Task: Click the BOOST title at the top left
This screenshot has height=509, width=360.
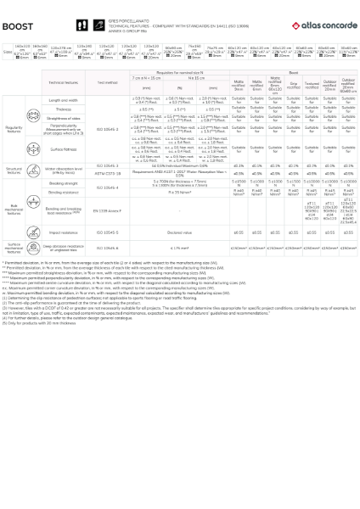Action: tap(17, 26)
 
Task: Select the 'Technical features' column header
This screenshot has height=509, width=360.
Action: tap(63, 83)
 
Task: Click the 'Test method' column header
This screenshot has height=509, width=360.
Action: tap(108, 83)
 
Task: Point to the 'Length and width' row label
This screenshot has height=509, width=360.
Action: tap(63, 100)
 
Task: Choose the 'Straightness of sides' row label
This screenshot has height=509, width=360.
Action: tap(63, 118)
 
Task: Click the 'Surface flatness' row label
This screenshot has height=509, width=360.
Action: tap(63, 149)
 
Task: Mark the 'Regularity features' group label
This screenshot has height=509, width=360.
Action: tap(14, 129)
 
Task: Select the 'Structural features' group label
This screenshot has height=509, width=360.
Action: tap(14, 170)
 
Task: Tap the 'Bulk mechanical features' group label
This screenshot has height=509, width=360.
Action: tap(14, 209)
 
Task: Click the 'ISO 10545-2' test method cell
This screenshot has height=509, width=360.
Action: tap(108, 130)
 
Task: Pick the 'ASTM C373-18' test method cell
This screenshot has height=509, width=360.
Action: tap(108, 173)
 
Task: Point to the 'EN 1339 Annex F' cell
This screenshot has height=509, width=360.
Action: tap(108, 210)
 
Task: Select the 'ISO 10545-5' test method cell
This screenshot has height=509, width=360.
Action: tap(108, 232)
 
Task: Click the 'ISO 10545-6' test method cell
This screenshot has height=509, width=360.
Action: tap(108, 249)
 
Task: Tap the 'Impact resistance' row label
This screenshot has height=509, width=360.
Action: tap(63, 232)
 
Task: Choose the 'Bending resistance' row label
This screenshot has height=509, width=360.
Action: tap(63, 193)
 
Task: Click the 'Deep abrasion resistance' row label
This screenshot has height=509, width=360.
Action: tap(63, 249)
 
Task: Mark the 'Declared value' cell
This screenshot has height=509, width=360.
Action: tap(179, 232)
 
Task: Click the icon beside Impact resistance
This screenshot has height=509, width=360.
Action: tap(33, 232)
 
